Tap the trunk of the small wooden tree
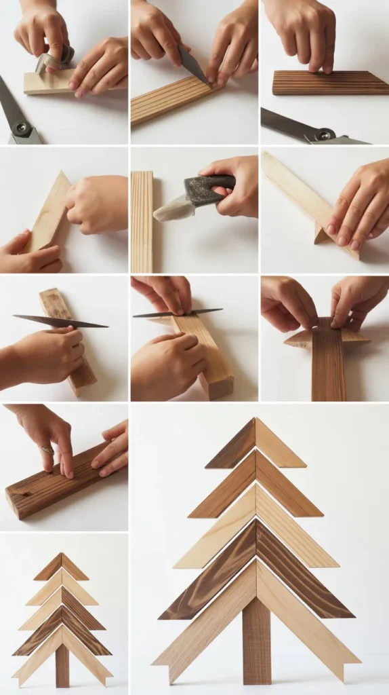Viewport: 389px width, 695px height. (x=62, y=665)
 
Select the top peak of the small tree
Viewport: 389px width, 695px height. (x=61, y=555)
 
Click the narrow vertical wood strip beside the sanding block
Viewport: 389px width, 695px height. (x=142, y=221)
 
